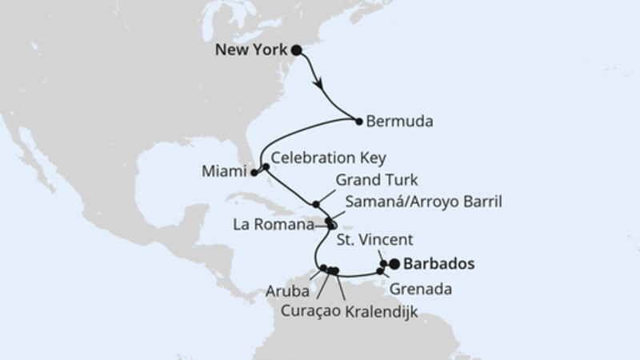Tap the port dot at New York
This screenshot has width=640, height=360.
(x=296, y=50)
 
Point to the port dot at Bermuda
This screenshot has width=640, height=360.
(x=358, y=120)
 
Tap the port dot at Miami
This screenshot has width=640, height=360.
(x=254, y=172)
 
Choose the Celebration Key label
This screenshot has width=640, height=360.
(x=317, y=158)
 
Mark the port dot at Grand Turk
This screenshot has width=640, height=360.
(x=317, y=203)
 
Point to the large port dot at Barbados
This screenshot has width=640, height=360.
(x=394, y=263)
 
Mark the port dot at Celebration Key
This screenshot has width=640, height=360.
(x=266, y=166)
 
